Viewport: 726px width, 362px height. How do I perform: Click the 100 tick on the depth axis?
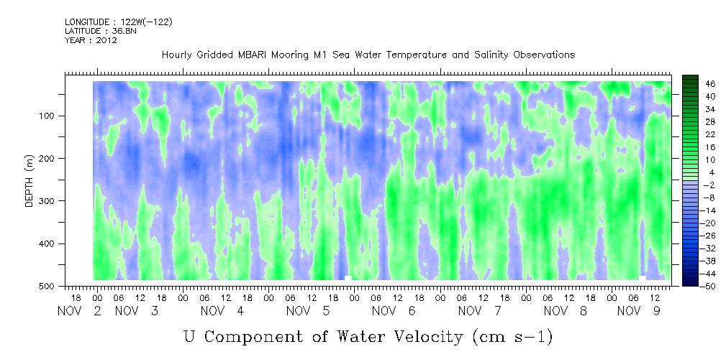coord(48,116)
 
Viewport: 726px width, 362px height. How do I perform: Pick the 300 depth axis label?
coord(48,201)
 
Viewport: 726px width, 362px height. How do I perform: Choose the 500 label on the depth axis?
coord(48,287)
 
